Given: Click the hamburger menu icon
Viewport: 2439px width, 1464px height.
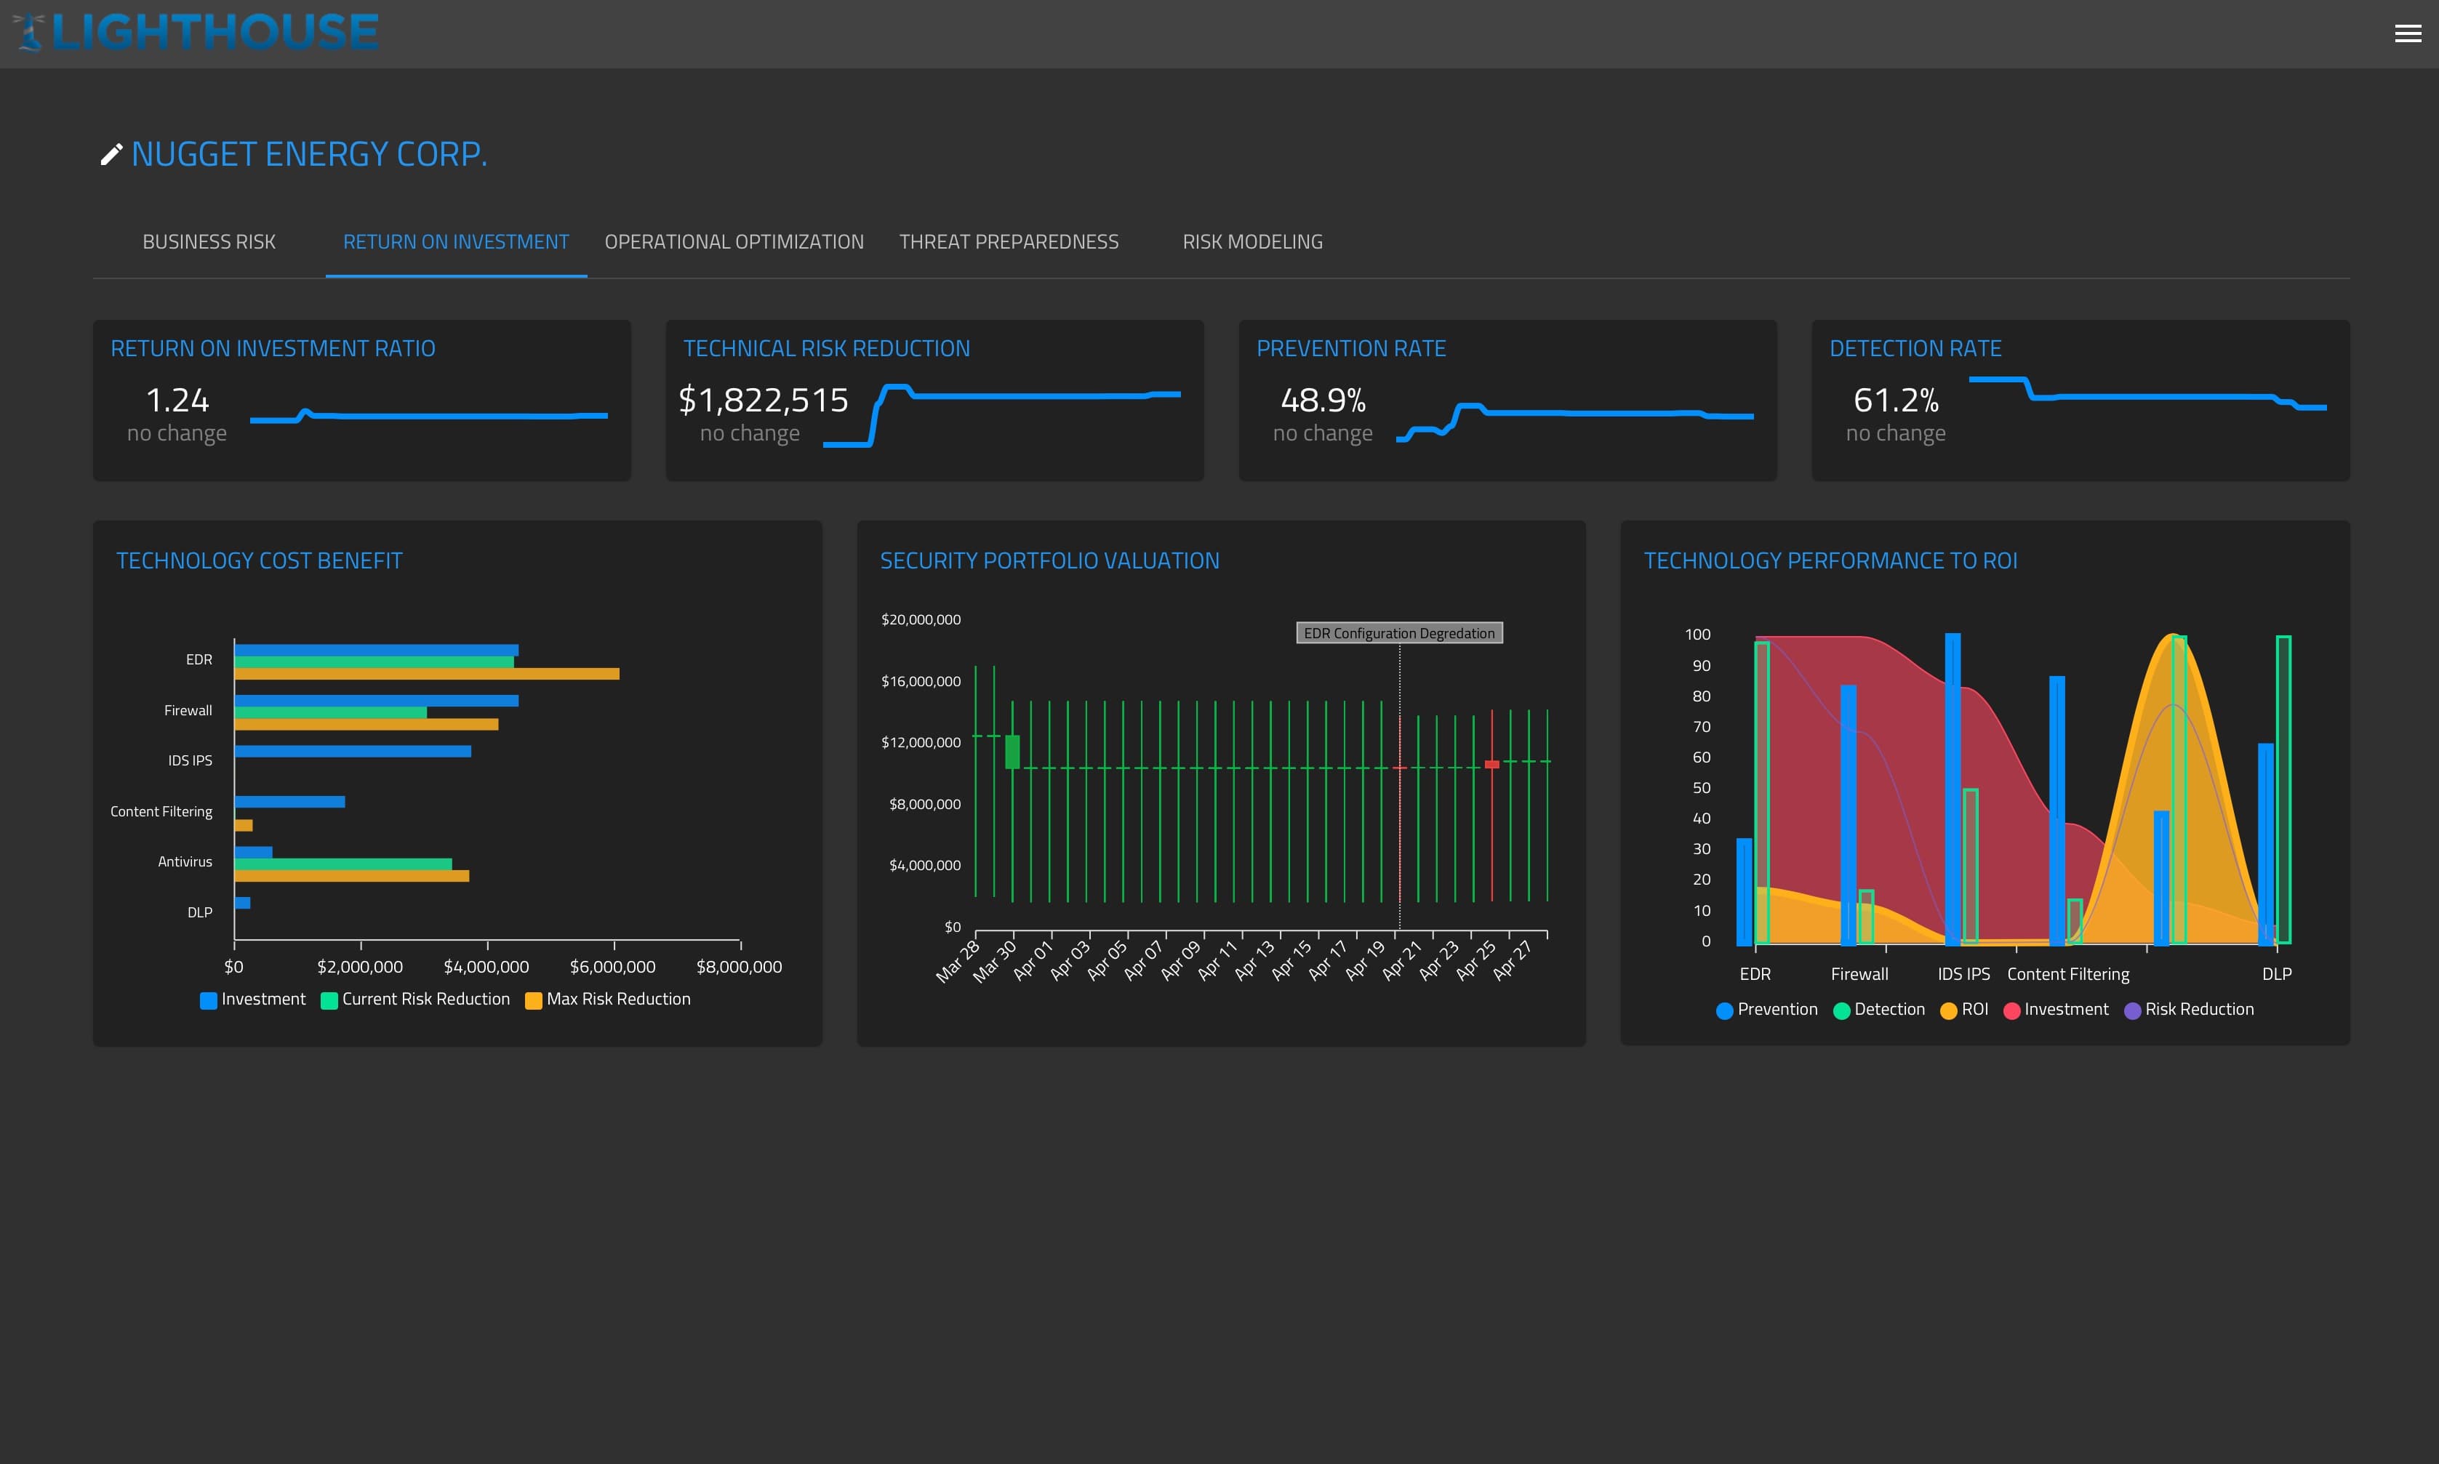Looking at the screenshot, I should tap(2408, 33).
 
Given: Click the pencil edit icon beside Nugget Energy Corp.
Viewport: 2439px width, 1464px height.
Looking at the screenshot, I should tap(111, 155).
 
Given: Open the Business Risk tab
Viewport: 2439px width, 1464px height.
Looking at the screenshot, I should tap(208, 241).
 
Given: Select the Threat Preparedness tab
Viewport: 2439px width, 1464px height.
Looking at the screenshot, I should tap(1009, 241).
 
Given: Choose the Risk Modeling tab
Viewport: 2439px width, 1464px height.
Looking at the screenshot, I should tap(1252, 241).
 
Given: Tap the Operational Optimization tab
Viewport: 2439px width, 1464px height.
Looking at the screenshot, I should tap(733, 241).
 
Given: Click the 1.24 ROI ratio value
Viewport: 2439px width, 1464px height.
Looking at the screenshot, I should tap(177, 401).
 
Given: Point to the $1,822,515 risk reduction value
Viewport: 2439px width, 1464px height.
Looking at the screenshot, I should tap(763, 401).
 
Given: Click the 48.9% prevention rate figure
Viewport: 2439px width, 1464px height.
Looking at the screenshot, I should tap(1322, 401).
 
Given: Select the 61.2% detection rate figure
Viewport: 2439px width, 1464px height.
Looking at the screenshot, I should tap(1895, 401).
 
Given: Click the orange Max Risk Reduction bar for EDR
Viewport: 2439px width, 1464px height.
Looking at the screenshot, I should tap(426, 674).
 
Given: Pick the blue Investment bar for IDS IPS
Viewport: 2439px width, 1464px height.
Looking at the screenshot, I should tap(352, 752).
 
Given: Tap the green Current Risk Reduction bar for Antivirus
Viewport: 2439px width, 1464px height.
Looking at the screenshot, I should tap(343, 864).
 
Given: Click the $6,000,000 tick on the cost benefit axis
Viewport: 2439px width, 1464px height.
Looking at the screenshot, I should tap(613, 967).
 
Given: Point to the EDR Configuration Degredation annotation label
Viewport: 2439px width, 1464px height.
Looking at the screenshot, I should tap(1398, 633).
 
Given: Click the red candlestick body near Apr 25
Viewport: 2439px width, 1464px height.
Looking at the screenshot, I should tap(1491, 765).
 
